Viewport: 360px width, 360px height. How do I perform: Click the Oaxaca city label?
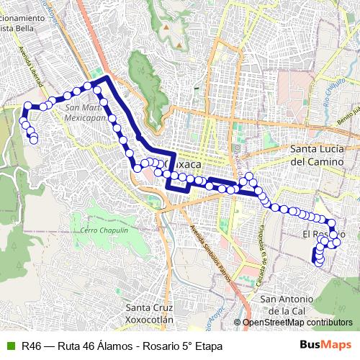pos(183,164)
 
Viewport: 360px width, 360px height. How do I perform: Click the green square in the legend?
pos(9,346)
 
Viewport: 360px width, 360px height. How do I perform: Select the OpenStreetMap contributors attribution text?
pos(297,323)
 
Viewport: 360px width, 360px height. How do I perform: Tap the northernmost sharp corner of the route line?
pos(107,76)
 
